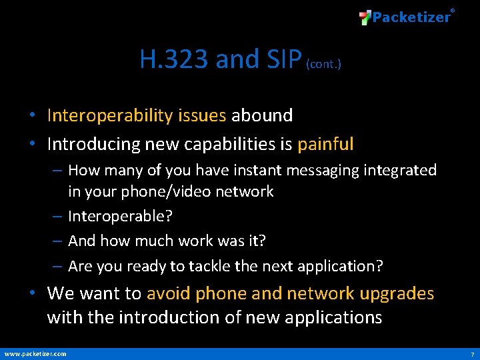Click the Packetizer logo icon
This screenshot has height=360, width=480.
[x=365, y=17]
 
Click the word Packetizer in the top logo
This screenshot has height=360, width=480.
[x=411, y=17]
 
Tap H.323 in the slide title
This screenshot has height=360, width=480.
[x=174, y=59]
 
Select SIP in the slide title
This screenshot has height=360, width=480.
[x=283, y=59]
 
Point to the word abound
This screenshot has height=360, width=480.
[x=262, y=115]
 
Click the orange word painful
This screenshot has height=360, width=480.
[x=325, y=144]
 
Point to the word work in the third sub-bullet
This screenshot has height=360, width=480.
[x=193, y=241]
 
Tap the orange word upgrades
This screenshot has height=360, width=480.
[x=397, y=293]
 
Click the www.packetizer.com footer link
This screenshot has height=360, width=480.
[x=35, y=353]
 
